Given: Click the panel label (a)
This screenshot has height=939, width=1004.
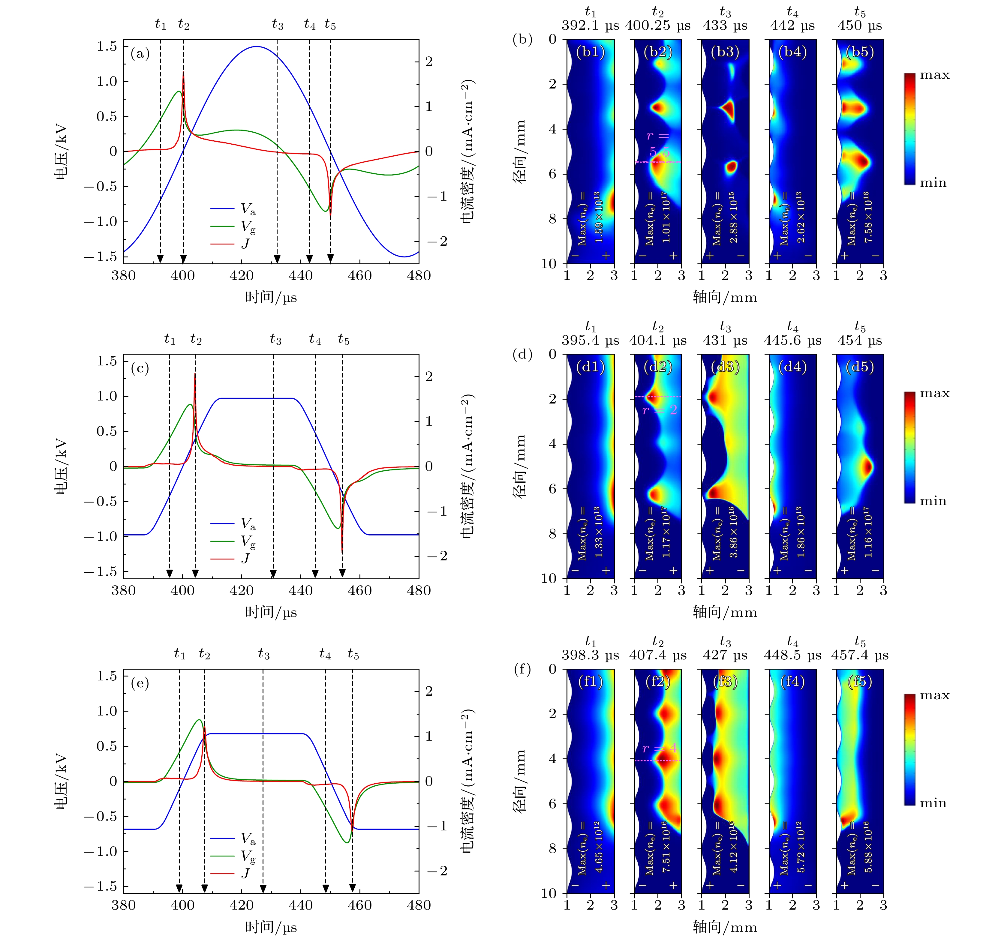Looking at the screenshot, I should point(140,53).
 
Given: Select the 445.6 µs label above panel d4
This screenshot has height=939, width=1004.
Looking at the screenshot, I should point(792,341).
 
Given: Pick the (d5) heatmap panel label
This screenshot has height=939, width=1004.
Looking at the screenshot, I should point(860,367).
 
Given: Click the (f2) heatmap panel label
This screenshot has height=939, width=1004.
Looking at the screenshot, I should point(657,682).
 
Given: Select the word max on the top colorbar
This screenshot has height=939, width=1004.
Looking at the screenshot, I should point(934,75).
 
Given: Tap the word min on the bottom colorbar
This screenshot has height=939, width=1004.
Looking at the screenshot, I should point(933,803).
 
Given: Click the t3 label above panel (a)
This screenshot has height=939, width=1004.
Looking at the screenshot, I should point(277,24).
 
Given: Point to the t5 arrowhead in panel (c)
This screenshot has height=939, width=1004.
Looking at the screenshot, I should point(342,573).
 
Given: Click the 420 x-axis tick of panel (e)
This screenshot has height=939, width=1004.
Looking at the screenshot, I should point(242,905).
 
